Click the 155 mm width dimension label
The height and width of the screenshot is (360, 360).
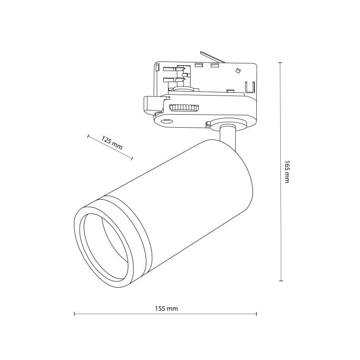coord(167,308)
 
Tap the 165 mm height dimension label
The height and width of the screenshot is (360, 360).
coord(287,172)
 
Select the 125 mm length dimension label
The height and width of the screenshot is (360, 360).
coord(112,143)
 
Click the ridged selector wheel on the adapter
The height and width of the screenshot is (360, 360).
coord(184,108)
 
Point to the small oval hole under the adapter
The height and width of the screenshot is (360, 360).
coord(167,121)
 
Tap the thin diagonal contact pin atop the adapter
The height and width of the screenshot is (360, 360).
coord(213,57)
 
